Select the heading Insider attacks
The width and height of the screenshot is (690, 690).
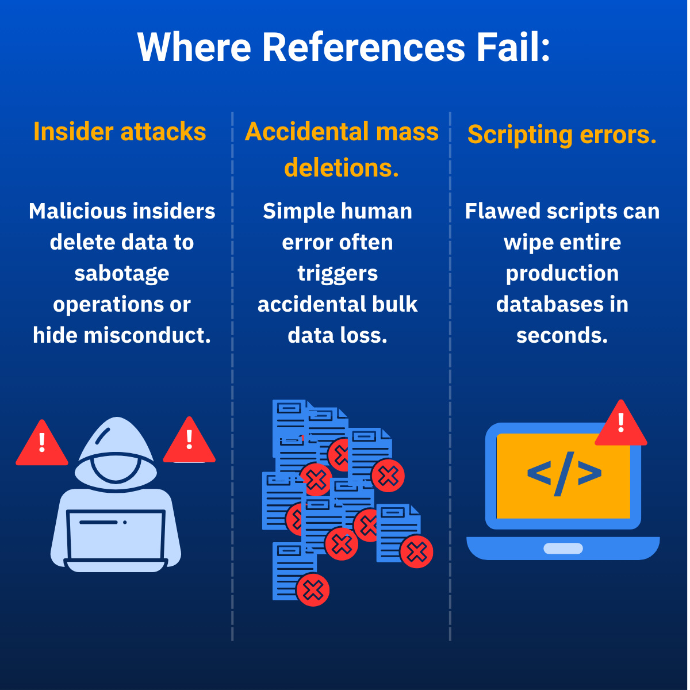(120, 132)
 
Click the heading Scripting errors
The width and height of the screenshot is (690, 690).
(562, 135)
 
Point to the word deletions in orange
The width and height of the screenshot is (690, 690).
(341, 167)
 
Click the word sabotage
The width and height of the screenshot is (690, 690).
(122, 273)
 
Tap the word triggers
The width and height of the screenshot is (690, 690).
(338, 273)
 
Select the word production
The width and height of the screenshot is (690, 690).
(562, 273)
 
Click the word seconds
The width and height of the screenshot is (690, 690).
(562, 335)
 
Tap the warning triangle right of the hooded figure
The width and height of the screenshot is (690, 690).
(189, 442)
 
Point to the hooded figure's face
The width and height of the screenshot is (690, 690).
(116, 469)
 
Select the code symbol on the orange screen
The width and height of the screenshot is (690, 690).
(564, 473)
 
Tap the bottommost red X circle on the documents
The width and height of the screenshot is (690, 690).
(313, 589)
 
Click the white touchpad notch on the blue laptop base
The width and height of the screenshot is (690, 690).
(563, 549)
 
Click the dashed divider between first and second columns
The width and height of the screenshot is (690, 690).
(232, 374)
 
